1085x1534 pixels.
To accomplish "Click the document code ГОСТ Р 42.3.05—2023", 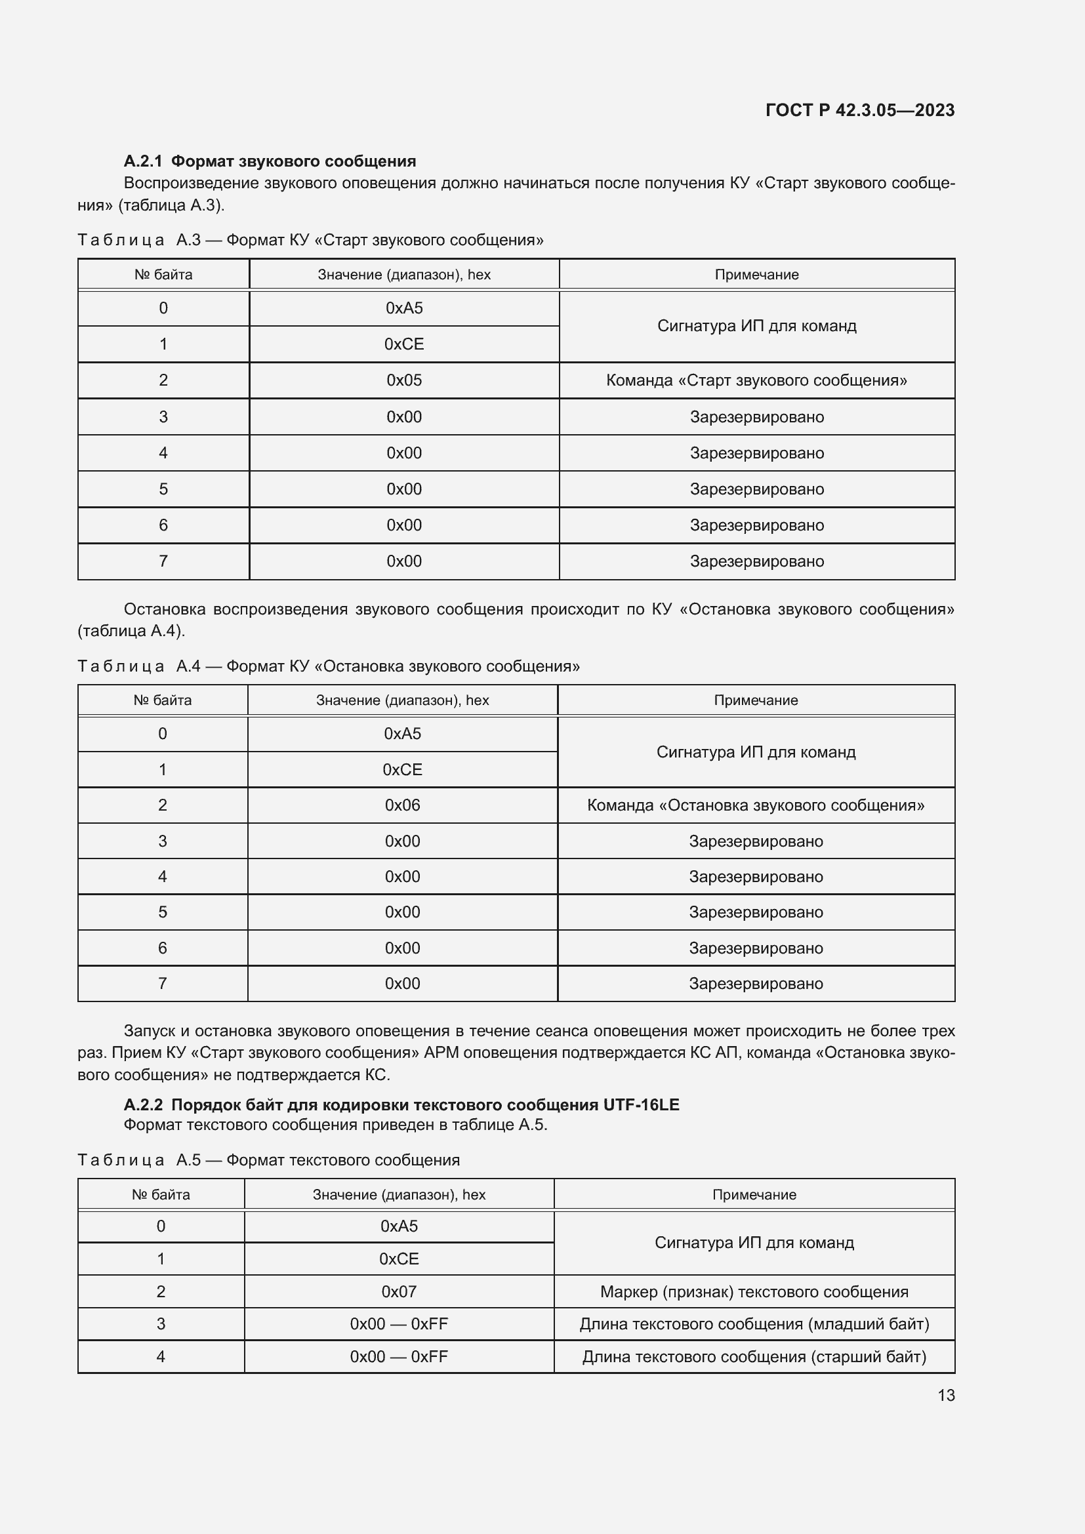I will point(859,110).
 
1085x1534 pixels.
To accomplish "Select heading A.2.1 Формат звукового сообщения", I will point(269,161).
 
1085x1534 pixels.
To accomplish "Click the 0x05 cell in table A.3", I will point(403,380).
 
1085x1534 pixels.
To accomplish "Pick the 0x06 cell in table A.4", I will point(402,805).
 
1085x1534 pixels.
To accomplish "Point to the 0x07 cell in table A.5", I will point(399,1291).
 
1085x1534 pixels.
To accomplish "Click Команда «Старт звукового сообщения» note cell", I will point(756,380).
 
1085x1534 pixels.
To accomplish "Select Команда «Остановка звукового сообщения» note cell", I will point(756,805).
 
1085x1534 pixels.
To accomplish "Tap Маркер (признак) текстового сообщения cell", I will point(754,1291).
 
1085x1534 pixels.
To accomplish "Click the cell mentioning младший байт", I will point(754,1323).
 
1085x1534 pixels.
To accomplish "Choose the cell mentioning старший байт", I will point(754,1356).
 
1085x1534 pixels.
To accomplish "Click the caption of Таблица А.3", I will point(310,240).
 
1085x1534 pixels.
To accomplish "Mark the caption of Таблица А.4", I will point(328,666).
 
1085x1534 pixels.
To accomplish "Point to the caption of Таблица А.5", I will point(268,1160).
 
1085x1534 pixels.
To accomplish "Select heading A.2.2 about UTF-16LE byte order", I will point(401,1104).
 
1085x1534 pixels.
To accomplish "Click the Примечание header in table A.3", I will point(756,275).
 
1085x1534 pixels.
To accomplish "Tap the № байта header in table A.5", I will point(160,1194).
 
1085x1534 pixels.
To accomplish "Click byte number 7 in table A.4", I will point(162,984).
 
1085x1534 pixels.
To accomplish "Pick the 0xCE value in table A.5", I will point(399,1259).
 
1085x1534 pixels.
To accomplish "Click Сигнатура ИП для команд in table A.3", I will point(756,326).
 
